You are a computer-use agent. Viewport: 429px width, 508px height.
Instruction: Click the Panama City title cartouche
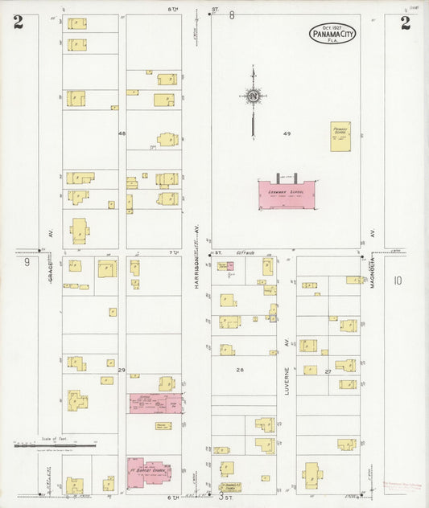point(332,34)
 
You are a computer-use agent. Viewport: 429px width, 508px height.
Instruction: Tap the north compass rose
point(253,97)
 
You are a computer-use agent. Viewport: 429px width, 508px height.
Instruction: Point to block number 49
point(287,132)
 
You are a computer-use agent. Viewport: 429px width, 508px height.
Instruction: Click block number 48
point(122,133)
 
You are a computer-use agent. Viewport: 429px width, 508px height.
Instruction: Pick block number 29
point(122,370)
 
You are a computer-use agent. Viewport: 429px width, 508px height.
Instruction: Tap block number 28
point(239,370)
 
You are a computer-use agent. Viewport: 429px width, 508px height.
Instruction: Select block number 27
point(328,371)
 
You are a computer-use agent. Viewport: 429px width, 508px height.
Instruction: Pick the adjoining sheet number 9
point(27,262)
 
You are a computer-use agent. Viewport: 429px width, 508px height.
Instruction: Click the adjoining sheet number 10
point(397,281)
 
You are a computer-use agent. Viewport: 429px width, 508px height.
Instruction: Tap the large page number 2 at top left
point(18,23)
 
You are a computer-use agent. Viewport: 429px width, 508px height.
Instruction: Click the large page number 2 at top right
point(405,23)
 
